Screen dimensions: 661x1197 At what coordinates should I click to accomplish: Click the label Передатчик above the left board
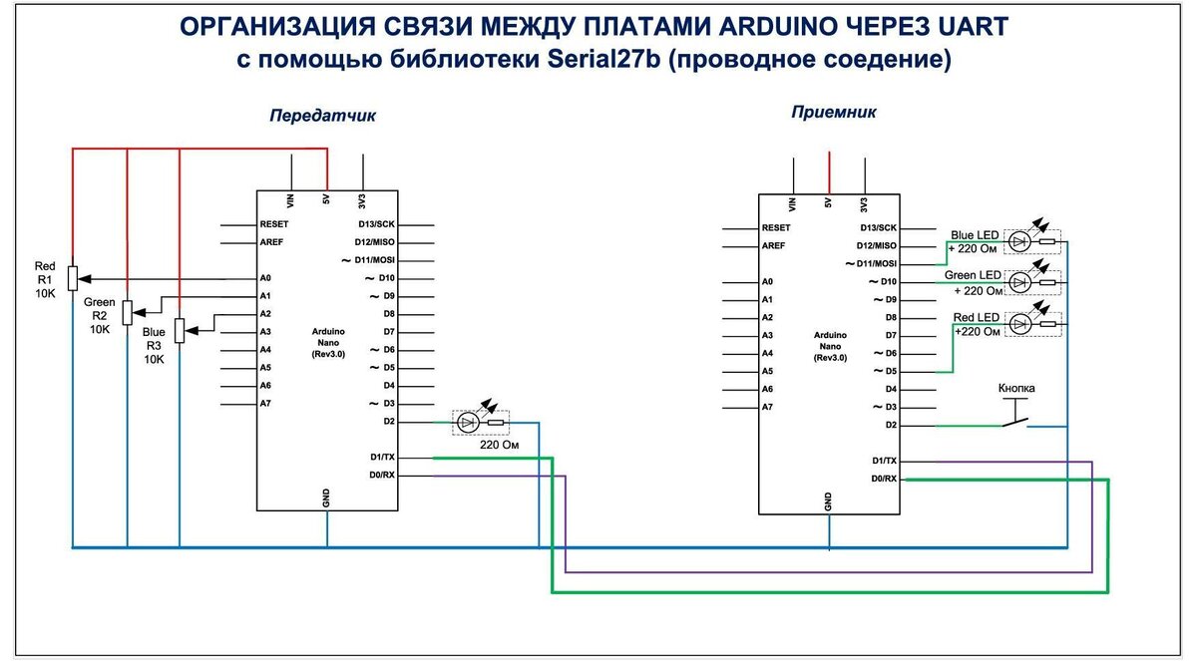pos(323,116)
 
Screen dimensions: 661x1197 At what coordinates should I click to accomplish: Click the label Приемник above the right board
pos(834,112)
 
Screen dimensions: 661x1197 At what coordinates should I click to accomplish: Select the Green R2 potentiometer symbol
pos(127,313)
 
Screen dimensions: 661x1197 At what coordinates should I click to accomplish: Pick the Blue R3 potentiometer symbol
pos(180,330)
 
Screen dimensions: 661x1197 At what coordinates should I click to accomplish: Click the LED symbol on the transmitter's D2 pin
pos(467,423)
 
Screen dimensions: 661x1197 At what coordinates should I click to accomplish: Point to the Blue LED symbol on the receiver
pos(1019,240)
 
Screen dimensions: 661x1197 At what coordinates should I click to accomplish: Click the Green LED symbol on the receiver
pos(1019,282)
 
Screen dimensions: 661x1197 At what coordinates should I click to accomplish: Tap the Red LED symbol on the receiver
pos(1019,325)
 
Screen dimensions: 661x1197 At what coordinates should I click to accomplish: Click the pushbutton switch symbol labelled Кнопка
pos(1016,420)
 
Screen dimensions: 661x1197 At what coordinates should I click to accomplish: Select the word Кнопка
pos(1016,387)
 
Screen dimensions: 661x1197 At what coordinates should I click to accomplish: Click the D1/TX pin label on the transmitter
pos(383,458)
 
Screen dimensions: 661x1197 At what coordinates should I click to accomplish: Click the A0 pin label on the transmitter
pos(265,278)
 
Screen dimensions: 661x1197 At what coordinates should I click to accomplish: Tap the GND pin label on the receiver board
pos(829,500)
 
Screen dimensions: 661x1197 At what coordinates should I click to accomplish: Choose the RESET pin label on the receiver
pos(775,227)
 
